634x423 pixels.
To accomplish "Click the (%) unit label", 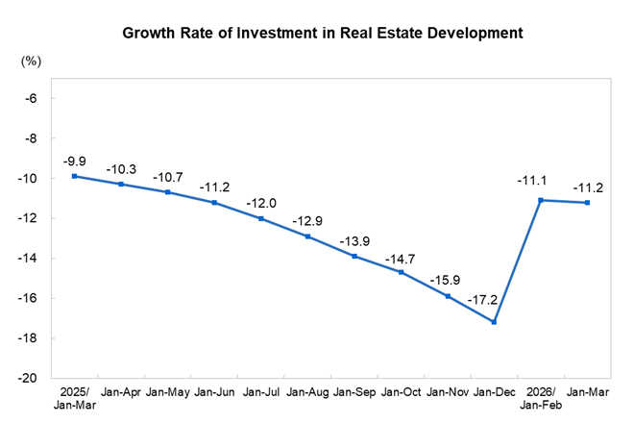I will coord(32,62).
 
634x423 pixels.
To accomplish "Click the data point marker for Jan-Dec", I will coord(494,322).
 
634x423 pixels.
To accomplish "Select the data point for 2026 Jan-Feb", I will coord(541,200).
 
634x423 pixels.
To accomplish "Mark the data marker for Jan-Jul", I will coord(260,218).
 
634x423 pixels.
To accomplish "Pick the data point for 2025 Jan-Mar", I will coord(74,176).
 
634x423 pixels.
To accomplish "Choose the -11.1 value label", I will coord(535,180).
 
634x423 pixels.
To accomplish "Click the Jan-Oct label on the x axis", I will coord(401,393).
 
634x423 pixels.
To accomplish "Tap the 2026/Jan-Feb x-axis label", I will coord(541,399).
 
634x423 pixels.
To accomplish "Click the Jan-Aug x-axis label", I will coord(307,393).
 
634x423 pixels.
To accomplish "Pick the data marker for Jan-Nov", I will coord(448,296).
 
